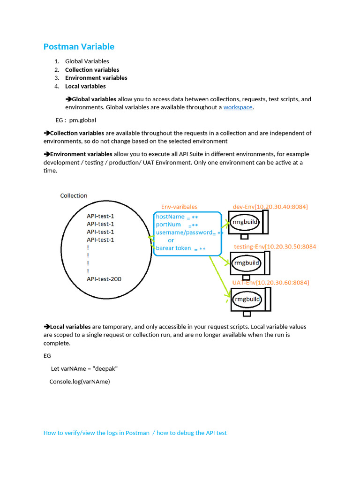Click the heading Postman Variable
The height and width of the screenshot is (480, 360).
pos(79,46)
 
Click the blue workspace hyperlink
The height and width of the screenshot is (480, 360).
pos(238,107)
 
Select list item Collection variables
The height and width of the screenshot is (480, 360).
pos(92,69)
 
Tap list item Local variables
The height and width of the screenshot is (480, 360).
pos(85,86)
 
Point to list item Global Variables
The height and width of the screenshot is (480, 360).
pos(87,61)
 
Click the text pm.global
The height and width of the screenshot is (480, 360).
pos(83,120)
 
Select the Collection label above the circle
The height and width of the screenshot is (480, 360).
pos(74,195)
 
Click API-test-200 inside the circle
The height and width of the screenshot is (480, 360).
pos(104,279)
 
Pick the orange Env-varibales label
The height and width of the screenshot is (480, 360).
pos(179,207)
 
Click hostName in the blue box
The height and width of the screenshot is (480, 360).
pos(170,217)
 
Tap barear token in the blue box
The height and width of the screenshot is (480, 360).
pos(173,248)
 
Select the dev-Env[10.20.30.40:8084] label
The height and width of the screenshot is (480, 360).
pos(270,207)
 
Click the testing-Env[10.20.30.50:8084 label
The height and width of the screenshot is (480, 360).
pos(275,247)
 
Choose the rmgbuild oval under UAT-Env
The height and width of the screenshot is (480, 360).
pos(247,299)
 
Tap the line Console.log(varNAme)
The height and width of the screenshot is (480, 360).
pos(80,382)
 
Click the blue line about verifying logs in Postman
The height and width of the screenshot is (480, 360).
pos(135,433)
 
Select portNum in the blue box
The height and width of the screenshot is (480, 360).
pos(168,225)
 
